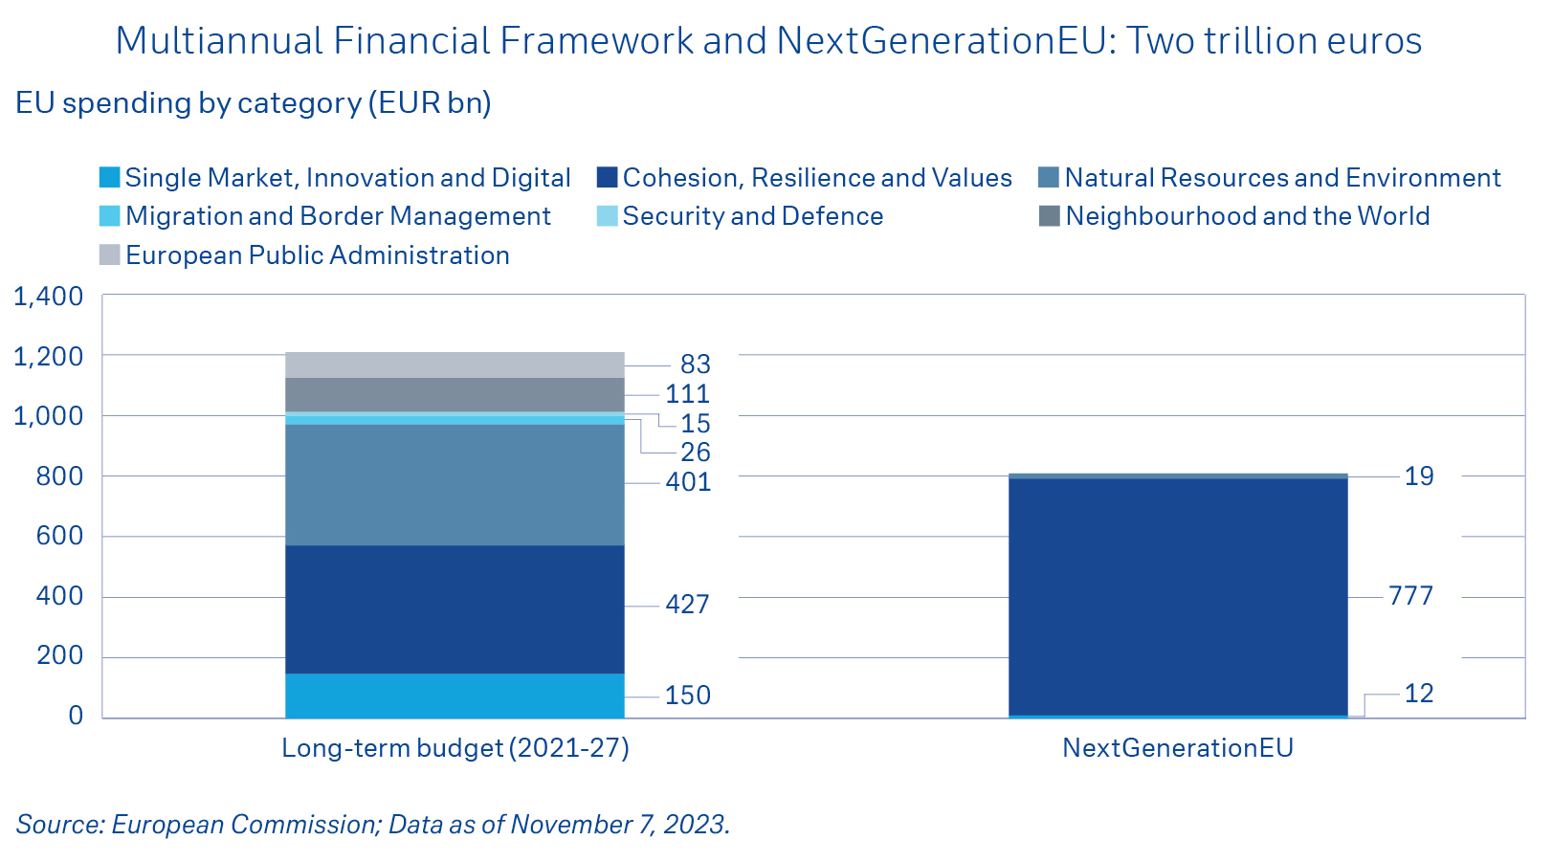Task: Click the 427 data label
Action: coord(687,605)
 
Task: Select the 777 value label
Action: coord(1410,596)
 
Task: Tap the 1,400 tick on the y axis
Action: coord(48,297)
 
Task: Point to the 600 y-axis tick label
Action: coord(59,536)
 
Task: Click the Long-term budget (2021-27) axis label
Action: coord(455,748)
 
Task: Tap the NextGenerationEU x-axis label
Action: coord(1178,748)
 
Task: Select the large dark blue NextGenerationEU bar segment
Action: coord(1178,596)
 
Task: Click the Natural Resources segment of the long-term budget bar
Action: coord(455,485)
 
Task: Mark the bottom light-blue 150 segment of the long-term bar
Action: coord(455,696)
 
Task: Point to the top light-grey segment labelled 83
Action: coord(455,365)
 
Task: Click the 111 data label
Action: coord(687,394)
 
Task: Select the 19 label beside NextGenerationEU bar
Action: coord(1418,476)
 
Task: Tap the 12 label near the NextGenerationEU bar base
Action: coord(1418,694)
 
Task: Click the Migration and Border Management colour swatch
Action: coord(109,216)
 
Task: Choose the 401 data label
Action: coord(688,482)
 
